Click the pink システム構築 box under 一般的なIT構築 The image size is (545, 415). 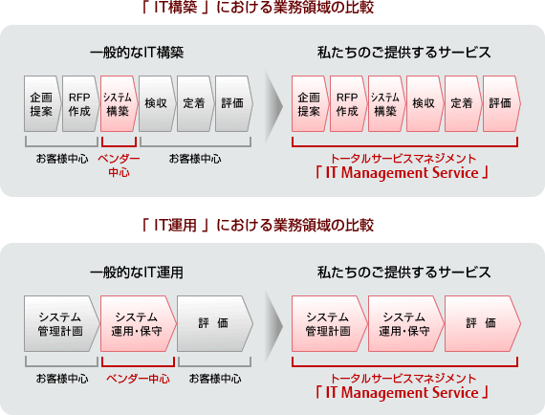click(x=119, y=103)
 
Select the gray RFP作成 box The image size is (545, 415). click(x=80, y=103)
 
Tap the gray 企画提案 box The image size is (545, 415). click(x=42, y=103)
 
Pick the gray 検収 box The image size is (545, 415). click(x=157, y=103)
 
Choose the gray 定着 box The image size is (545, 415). click(x=195, y=103)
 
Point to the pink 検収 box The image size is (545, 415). click(x=425, y=103)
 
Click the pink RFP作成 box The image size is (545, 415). click(x=348, y=103)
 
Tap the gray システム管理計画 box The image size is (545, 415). click(x=61, y=323)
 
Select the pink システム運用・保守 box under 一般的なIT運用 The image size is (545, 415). click(x=138, y=323)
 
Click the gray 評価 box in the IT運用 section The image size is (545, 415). click(x=214, y=323)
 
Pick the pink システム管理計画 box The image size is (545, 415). click(x=329, y=323)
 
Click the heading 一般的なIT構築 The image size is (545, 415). click(x=137, y=53)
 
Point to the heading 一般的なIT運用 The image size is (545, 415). click(x=137, y=273)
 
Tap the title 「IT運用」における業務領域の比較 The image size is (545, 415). click(x=258, y=226)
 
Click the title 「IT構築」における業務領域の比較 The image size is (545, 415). click(x=258, y=8)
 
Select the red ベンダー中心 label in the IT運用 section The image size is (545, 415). click(x=138, y=379)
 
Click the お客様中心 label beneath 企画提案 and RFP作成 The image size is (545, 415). click(x=62, y=159)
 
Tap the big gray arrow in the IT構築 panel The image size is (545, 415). click(x=273, y=106)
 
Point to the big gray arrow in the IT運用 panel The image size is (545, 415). click(x=273, y=326)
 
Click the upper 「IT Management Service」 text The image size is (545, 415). click(x=403, y=173)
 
